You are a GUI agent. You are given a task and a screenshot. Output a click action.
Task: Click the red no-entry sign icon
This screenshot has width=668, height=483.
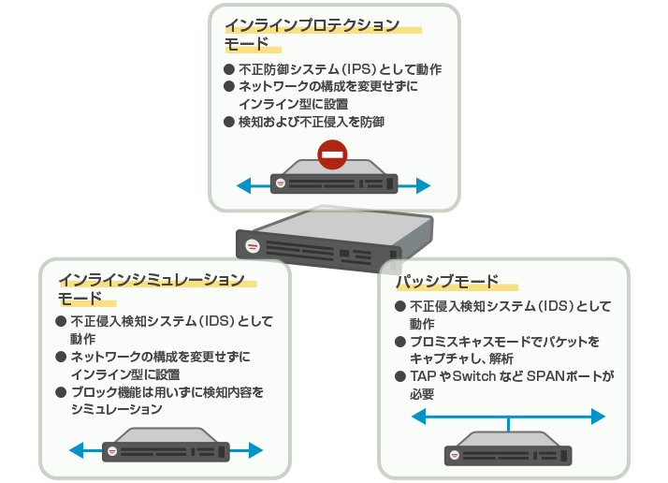pyautogui.click(x=332, y=154)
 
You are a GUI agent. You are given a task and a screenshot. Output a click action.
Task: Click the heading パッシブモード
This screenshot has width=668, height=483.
pyautogui.click(x=447, y=282)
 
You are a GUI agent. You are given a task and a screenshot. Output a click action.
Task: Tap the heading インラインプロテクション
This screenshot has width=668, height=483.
pyautogui.click(x=312, y=24)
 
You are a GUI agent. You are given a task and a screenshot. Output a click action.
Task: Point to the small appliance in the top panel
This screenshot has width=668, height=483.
pyautogui.click(x=334, y=179)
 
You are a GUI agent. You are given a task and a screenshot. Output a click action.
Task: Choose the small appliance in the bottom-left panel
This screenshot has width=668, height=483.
pyautogui.click(x=167, y=446)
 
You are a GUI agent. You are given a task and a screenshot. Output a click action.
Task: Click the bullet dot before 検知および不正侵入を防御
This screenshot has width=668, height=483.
pyautogui.click(x=229, y=122)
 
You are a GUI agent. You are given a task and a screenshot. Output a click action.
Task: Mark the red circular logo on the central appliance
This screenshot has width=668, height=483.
pyautogui.click(x=252, y=246)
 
